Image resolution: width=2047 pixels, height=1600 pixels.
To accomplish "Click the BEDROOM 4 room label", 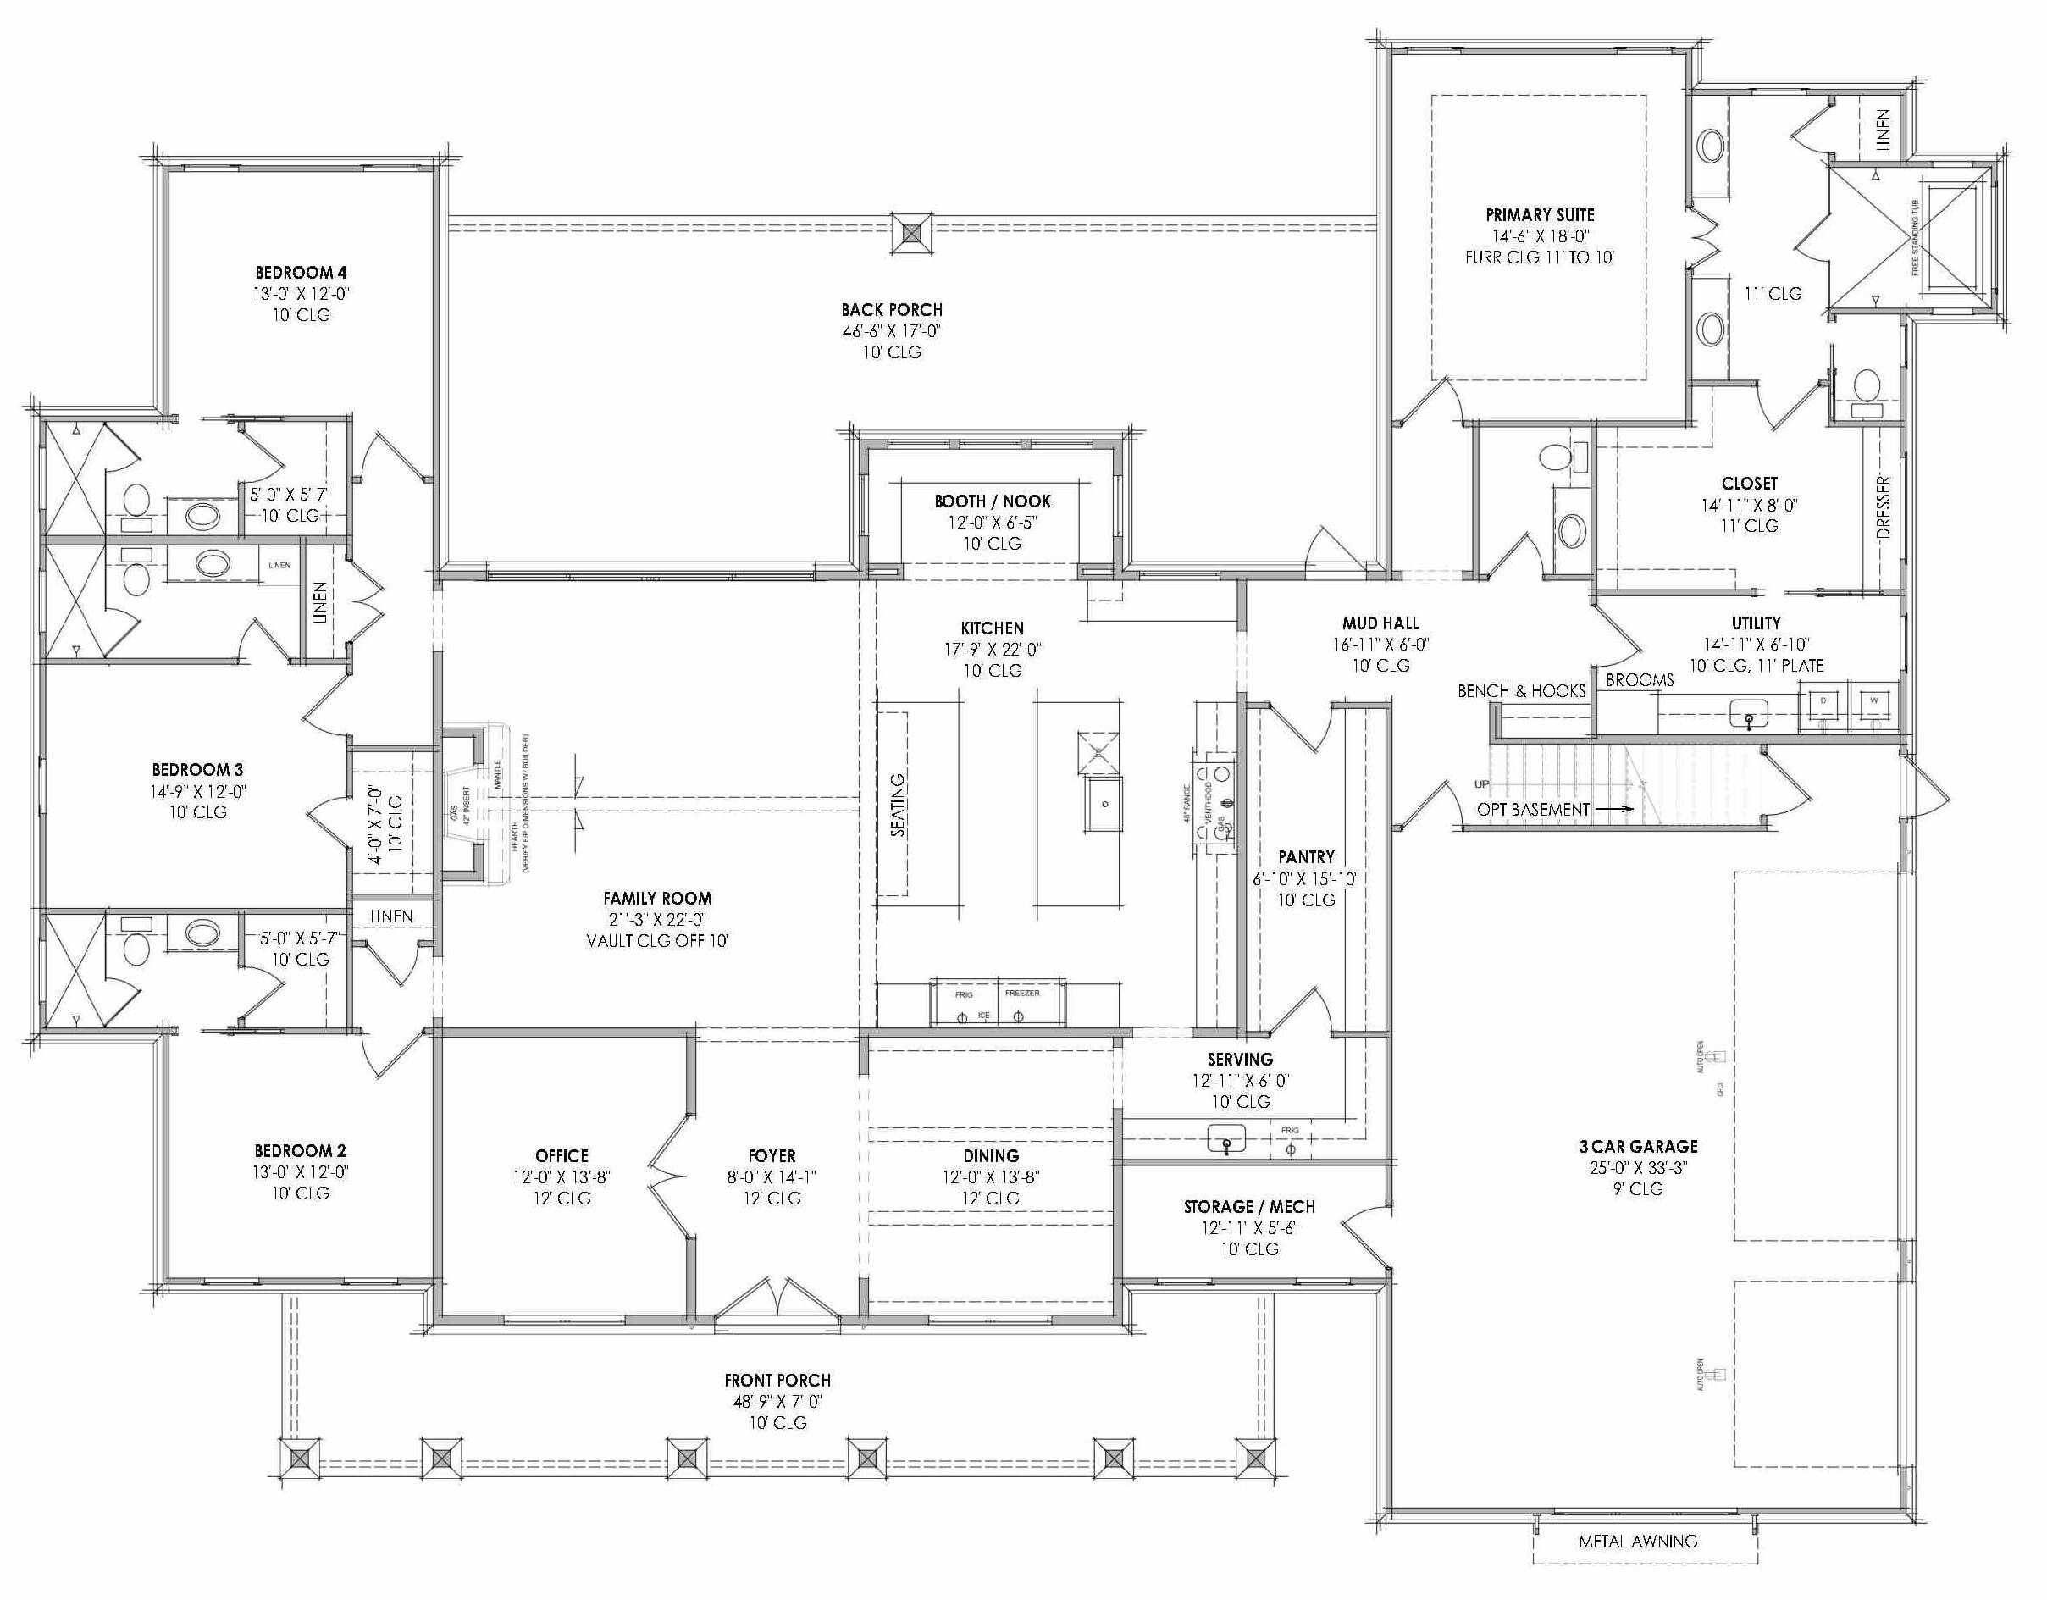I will coord(300,273).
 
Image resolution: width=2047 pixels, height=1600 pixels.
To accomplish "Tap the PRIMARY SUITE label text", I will coord(1539,214).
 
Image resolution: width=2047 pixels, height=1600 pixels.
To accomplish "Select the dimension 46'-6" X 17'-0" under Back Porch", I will coord(890,331).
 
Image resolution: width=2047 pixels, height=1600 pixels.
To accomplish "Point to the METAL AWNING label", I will coord(1637,1541).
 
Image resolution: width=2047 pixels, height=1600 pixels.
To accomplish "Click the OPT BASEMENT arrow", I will coord(1613,808).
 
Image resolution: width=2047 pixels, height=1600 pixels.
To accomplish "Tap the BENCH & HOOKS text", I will coord(1520,691).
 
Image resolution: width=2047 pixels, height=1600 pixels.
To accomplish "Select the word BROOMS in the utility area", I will coord(1640,680).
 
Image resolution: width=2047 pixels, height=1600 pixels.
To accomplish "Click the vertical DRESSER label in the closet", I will coord(1883,507).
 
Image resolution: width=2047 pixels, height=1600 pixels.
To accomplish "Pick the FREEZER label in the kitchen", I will coord(1021,993).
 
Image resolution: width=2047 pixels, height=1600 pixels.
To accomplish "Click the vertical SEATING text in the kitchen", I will coord(898,804).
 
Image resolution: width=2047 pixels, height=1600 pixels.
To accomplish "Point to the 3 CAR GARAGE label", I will coord(1637,1145).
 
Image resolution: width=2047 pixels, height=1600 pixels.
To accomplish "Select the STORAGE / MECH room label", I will coord(1248,1206).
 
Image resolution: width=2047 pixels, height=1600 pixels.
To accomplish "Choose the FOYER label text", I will coord(772,1155).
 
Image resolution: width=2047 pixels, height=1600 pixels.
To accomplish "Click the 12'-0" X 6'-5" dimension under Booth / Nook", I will coord(992,522).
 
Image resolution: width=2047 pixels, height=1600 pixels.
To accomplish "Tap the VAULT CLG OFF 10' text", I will coord(656,940).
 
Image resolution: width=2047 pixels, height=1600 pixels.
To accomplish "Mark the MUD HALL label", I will coord(1380,623).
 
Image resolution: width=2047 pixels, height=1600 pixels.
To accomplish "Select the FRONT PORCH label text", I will coord(777,1380).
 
